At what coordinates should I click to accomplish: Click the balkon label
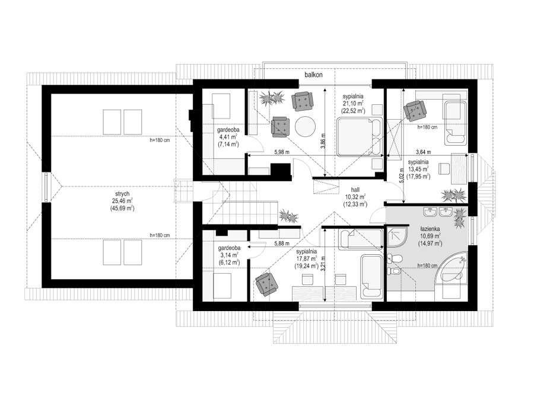pyautogui.click(x=313, y=75)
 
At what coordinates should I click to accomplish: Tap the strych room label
pyautogui.click(x=122, y=194)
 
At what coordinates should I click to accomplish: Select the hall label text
pyautogui.click(x=355, y=190)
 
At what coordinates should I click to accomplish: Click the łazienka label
pyautogui.click(x=429, y=229)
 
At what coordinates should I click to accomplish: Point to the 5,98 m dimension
pyautogui.click(x=282, y=152)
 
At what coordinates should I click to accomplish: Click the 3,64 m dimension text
pyautogui.click(x=424, y=152)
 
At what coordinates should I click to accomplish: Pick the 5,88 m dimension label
pyautogui.click(x=282, y=244)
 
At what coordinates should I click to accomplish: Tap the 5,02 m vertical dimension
pyautogui.click(x=402, y=177)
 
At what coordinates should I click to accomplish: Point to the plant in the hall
pyautogui.click(x=288, y=217)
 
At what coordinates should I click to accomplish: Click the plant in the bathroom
pyautogui.click(x=460, y=218)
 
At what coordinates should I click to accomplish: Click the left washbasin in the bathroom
pyautogui.click(x=430, y=212)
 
